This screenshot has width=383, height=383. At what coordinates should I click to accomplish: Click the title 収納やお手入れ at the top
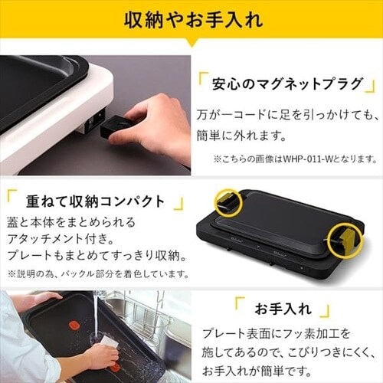192,19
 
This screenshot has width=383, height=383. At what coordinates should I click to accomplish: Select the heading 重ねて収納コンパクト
95,202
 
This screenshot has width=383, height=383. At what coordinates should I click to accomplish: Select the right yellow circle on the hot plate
344,240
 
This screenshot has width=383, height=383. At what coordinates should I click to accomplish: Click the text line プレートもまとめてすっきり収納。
91,255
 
